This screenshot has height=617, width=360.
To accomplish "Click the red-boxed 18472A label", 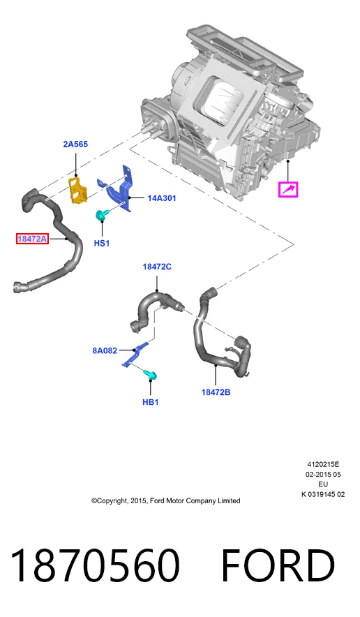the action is [x=32, y=239].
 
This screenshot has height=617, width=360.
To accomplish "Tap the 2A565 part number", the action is [x=75, y=144].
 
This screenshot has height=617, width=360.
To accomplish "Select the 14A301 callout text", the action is [x=162, y=198].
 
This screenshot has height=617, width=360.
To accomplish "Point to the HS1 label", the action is [x=101, y=243].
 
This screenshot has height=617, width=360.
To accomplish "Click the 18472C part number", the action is [x=157, y=267].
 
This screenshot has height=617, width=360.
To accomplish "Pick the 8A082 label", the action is [x=105, y=350].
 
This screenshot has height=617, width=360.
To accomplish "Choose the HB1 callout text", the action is [x=150, y=402].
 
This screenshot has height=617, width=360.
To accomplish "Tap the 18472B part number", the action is [x=216, y=392].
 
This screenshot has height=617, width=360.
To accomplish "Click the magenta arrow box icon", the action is [x=288, y=190].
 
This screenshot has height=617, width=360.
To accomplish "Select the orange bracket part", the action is [x=78, y=190].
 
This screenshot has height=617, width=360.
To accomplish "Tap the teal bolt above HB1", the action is [x=151, y=375].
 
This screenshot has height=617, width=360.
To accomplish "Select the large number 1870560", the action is [x=95, y=565].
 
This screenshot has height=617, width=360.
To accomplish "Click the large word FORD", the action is [x=278, y=565].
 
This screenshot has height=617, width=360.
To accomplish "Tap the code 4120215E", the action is [x=323, y=464].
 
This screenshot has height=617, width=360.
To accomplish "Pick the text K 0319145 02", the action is [x=323, y=494].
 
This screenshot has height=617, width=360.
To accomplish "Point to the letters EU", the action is [x=323, y=484].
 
